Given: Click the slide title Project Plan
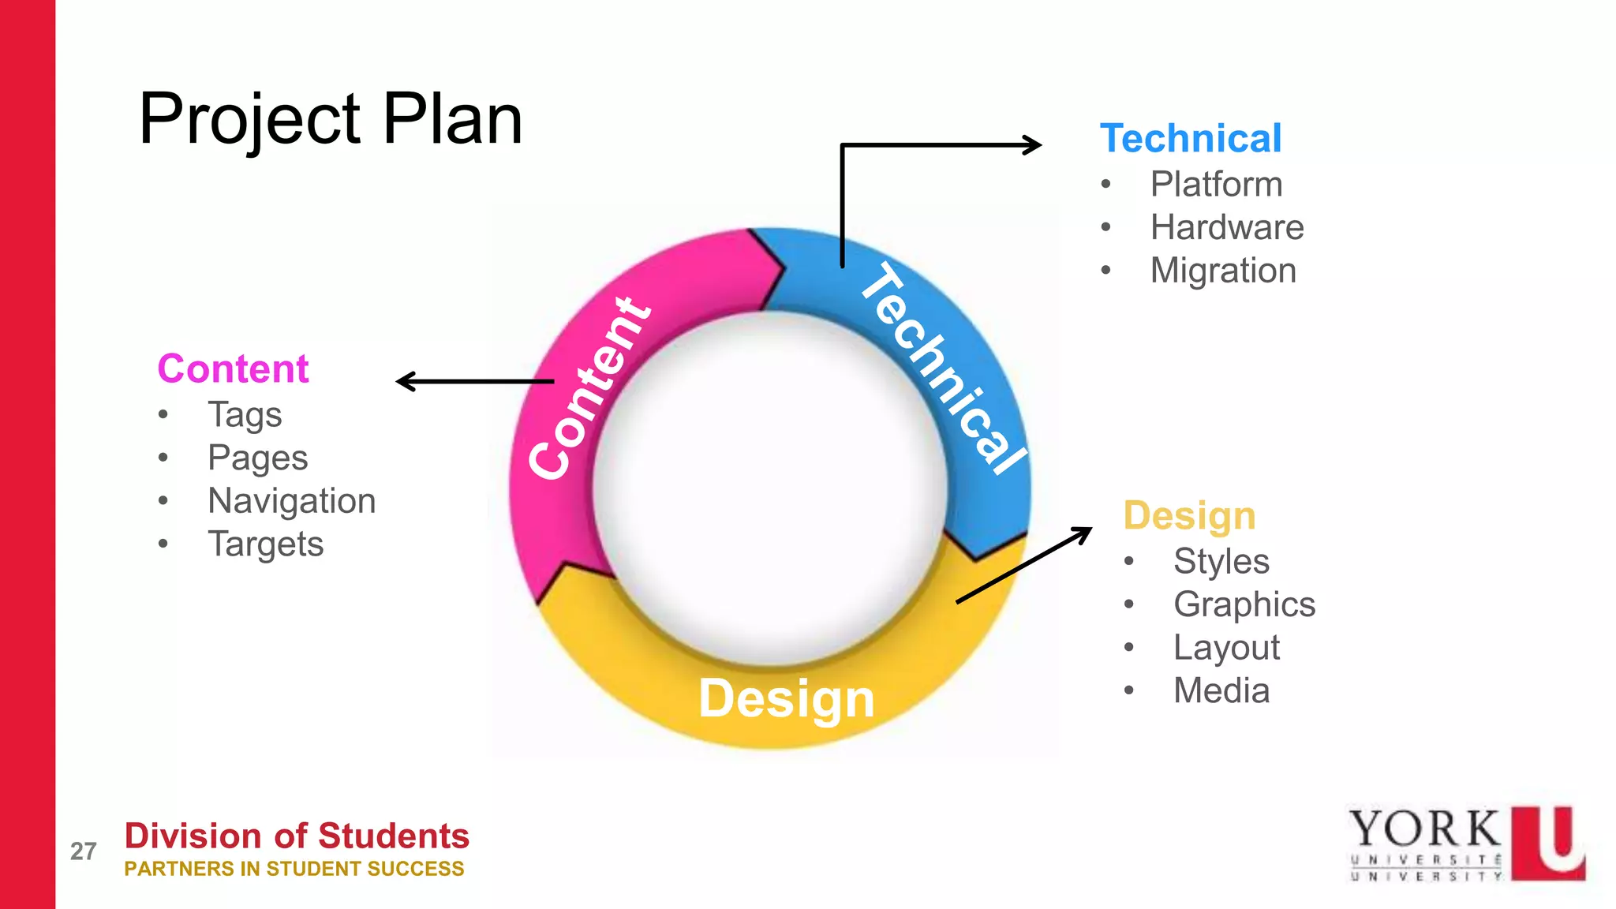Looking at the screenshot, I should point(331,119).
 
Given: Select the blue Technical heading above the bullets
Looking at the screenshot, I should point(1191,139).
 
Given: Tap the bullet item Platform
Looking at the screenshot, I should point(1216,185).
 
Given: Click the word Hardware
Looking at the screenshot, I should point(1227,228).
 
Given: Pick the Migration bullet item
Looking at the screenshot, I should point(1223,271).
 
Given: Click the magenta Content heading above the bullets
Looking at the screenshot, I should point(233,368).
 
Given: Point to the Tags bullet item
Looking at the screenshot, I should point(245,415).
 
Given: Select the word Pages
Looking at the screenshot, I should point(257,458).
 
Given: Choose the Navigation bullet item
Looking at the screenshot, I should point(291,501).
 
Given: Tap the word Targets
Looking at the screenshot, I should point(265,544).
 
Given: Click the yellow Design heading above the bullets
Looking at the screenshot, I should point(1189,516).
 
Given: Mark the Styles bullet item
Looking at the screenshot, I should point(1221,562).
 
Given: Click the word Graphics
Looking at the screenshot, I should point(1244,605).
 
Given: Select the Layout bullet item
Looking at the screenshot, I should point(1226,648).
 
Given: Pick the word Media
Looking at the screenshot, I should point(1221,691).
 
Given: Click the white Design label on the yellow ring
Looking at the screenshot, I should point(787,699).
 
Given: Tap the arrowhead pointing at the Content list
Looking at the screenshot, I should point(404,382).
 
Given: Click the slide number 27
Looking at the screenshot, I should point(83,851).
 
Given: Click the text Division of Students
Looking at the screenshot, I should point(297,836).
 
